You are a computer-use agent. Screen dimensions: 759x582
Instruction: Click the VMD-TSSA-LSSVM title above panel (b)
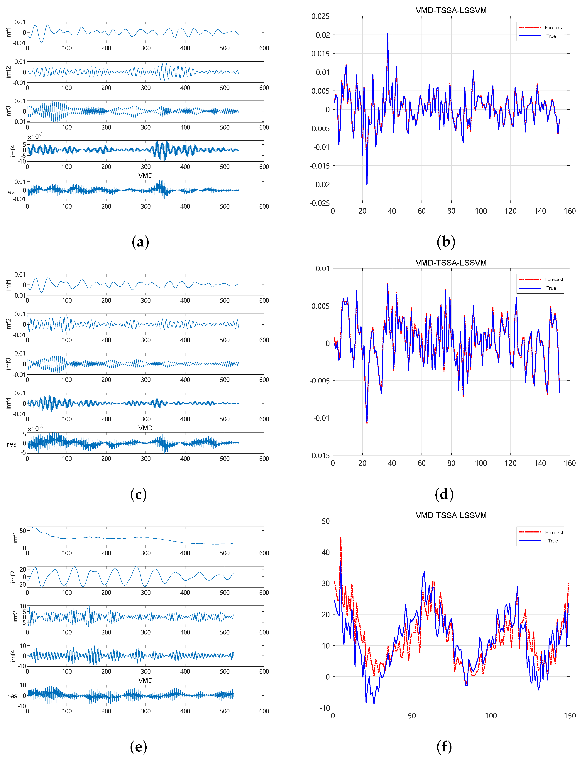451,10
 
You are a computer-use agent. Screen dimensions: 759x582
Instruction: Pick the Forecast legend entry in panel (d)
554,279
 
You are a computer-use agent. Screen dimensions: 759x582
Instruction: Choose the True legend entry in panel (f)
553,541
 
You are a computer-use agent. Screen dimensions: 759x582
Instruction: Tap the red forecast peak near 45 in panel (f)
341,537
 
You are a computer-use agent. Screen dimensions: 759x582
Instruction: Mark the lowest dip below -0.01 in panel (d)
367,422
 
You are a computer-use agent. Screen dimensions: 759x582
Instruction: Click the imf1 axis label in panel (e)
15,537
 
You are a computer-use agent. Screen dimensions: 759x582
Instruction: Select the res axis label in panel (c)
11,444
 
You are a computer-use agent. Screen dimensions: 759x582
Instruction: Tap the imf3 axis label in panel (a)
8,111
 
